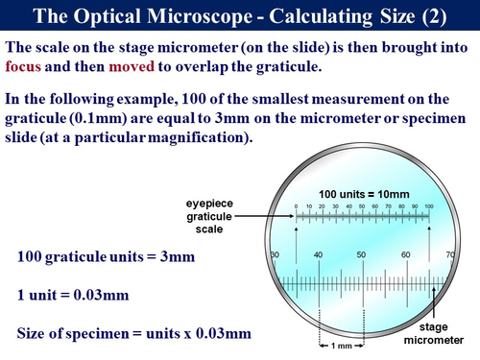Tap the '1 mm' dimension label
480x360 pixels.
340,347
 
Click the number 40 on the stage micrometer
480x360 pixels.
318,253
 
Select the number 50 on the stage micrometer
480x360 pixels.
362,253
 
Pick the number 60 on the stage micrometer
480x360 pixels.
406,253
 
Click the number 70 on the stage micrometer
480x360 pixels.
449,253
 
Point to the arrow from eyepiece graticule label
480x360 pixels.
264,217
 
